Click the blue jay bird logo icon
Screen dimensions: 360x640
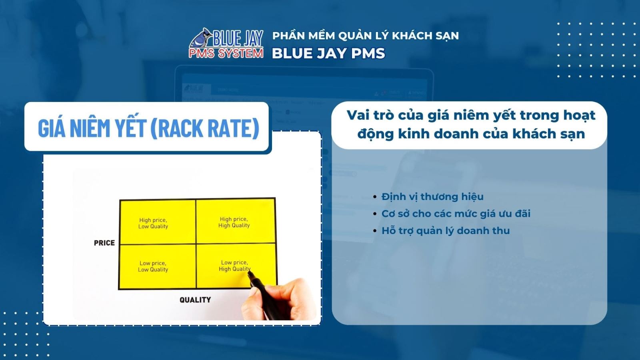[201, 38]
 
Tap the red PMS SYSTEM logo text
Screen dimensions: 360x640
[226, 53]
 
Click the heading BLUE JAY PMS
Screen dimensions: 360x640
[328, 54]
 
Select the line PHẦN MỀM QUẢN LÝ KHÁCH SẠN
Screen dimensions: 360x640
[366, 36]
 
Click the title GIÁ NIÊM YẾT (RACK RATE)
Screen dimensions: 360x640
[148, 128]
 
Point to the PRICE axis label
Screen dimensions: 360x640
[104, 243]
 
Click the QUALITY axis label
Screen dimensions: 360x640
[195, 300]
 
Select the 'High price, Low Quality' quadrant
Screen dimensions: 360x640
[153, 223]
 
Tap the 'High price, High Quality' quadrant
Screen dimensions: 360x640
[234, 222]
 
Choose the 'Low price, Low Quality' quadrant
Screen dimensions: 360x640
[153, 266]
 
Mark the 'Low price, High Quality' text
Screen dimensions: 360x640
[234, 266]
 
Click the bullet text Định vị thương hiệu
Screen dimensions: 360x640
[432, 197]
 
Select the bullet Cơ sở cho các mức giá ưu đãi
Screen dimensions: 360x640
[456, 214]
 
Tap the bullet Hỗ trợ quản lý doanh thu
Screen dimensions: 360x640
[445, 231]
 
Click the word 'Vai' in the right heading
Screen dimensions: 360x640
[358, 115]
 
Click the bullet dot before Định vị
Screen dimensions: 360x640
[375, 197]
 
